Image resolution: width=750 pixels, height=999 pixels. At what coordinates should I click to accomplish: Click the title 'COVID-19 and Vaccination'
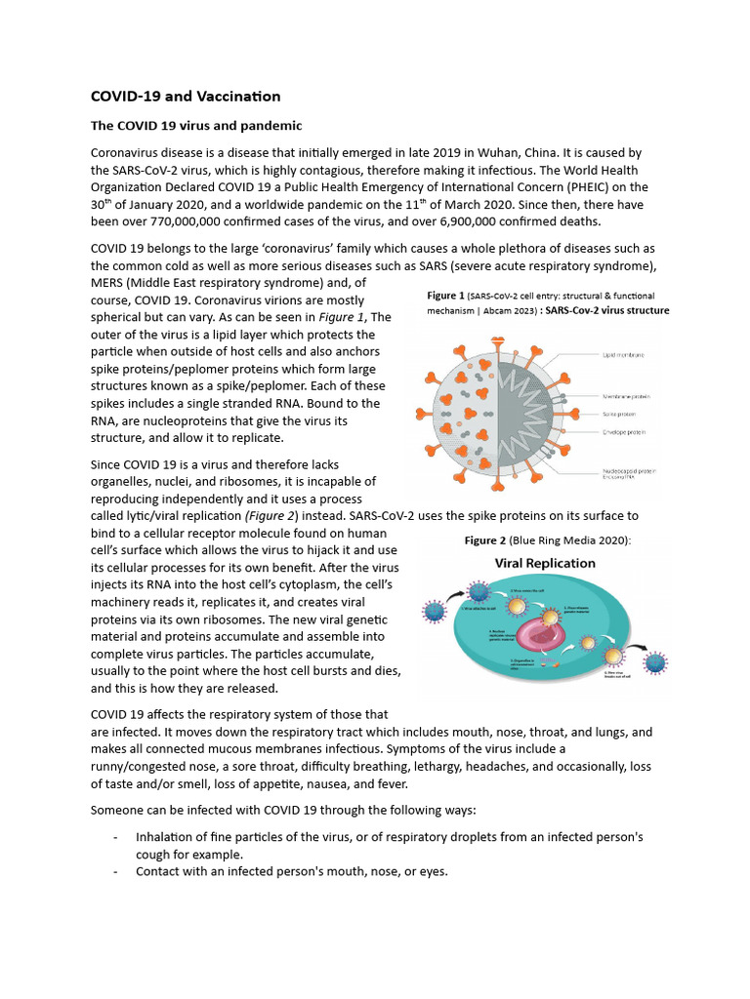click(x=186, y=96)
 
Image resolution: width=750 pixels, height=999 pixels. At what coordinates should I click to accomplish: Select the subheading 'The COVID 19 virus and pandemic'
click(x=196, y=126)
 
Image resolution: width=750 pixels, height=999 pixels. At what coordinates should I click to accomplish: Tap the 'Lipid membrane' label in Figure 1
click(x=623, y=356)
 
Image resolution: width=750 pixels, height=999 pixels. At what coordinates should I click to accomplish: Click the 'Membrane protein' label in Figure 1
click(x=626, y=397)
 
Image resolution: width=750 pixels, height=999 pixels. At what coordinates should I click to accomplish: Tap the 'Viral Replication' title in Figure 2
click(x=545, y=563)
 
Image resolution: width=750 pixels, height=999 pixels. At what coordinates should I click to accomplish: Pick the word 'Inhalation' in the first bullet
click(x=167, y=837)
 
